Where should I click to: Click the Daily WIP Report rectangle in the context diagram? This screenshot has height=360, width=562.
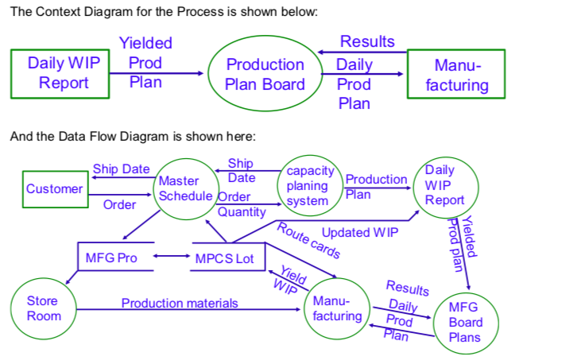60,73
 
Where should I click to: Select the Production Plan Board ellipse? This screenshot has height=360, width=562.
265,74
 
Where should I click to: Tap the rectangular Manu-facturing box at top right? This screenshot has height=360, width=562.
456,74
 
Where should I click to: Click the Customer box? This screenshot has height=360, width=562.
54,189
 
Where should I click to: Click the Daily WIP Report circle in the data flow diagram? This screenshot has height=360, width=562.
444,185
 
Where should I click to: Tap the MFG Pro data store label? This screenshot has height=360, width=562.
111,258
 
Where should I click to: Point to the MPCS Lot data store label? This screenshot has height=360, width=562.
224,258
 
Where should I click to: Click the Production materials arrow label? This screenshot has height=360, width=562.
179,304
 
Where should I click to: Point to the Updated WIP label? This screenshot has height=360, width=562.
360,233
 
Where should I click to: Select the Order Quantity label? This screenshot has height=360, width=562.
239,204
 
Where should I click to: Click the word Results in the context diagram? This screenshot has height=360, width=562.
366,41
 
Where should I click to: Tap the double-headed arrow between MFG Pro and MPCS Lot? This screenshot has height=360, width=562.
170,257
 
